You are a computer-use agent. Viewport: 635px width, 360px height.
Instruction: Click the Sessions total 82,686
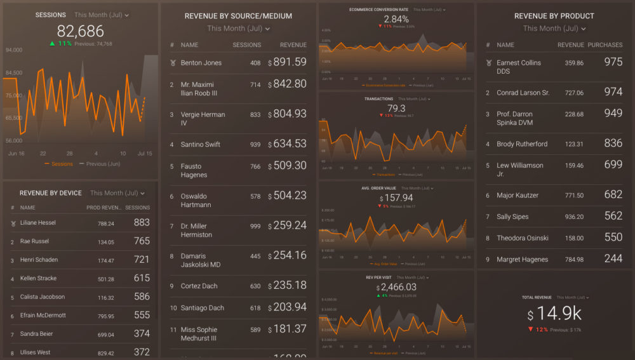[80, 31]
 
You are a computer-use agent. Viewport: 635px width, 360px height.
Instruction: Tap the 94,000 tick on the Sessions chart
[13, 50]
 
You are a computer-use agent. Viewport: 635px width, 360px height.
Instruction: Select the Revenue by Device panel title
[51, 193]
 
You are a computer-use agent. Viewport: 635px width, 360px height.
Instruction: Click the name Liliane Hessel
[39, 223]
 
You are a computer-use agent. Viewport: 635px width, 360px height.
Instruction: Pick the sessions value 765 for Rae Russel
[142, 241]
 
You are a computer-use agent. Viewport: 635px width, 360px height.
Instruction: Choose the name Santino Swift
[201, 144]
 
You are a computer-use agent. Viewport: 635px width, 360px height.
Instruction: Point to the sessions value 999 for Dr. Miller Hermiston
[255, 226]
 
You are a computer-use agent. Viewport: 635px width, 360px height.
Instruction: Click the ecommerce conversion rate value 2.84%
[396, 19]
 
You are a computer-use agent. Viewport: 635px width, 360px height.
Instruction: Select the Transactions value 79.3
[396, 109]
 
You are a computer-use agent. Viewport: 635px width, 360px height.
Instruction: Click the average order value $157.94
[396, 197]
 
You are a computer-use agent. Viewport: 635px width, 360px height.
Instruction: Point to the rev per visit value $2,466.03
[396, 288]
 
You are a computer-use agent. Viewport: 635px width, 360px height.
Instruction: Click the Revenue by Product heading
[554, 16]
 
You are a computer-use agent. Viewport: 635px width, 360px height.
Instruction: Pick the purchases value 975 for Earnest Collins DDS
[613, 62]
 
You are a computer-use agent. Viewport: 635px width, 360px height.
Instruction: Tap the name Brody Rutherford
[522, 144]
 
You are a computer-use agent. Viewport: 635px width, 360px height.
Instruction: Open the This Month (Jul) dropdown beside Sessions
[102, 15]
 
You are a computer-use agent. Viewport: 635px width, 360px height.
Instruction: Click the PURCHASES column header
[605, 45]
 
